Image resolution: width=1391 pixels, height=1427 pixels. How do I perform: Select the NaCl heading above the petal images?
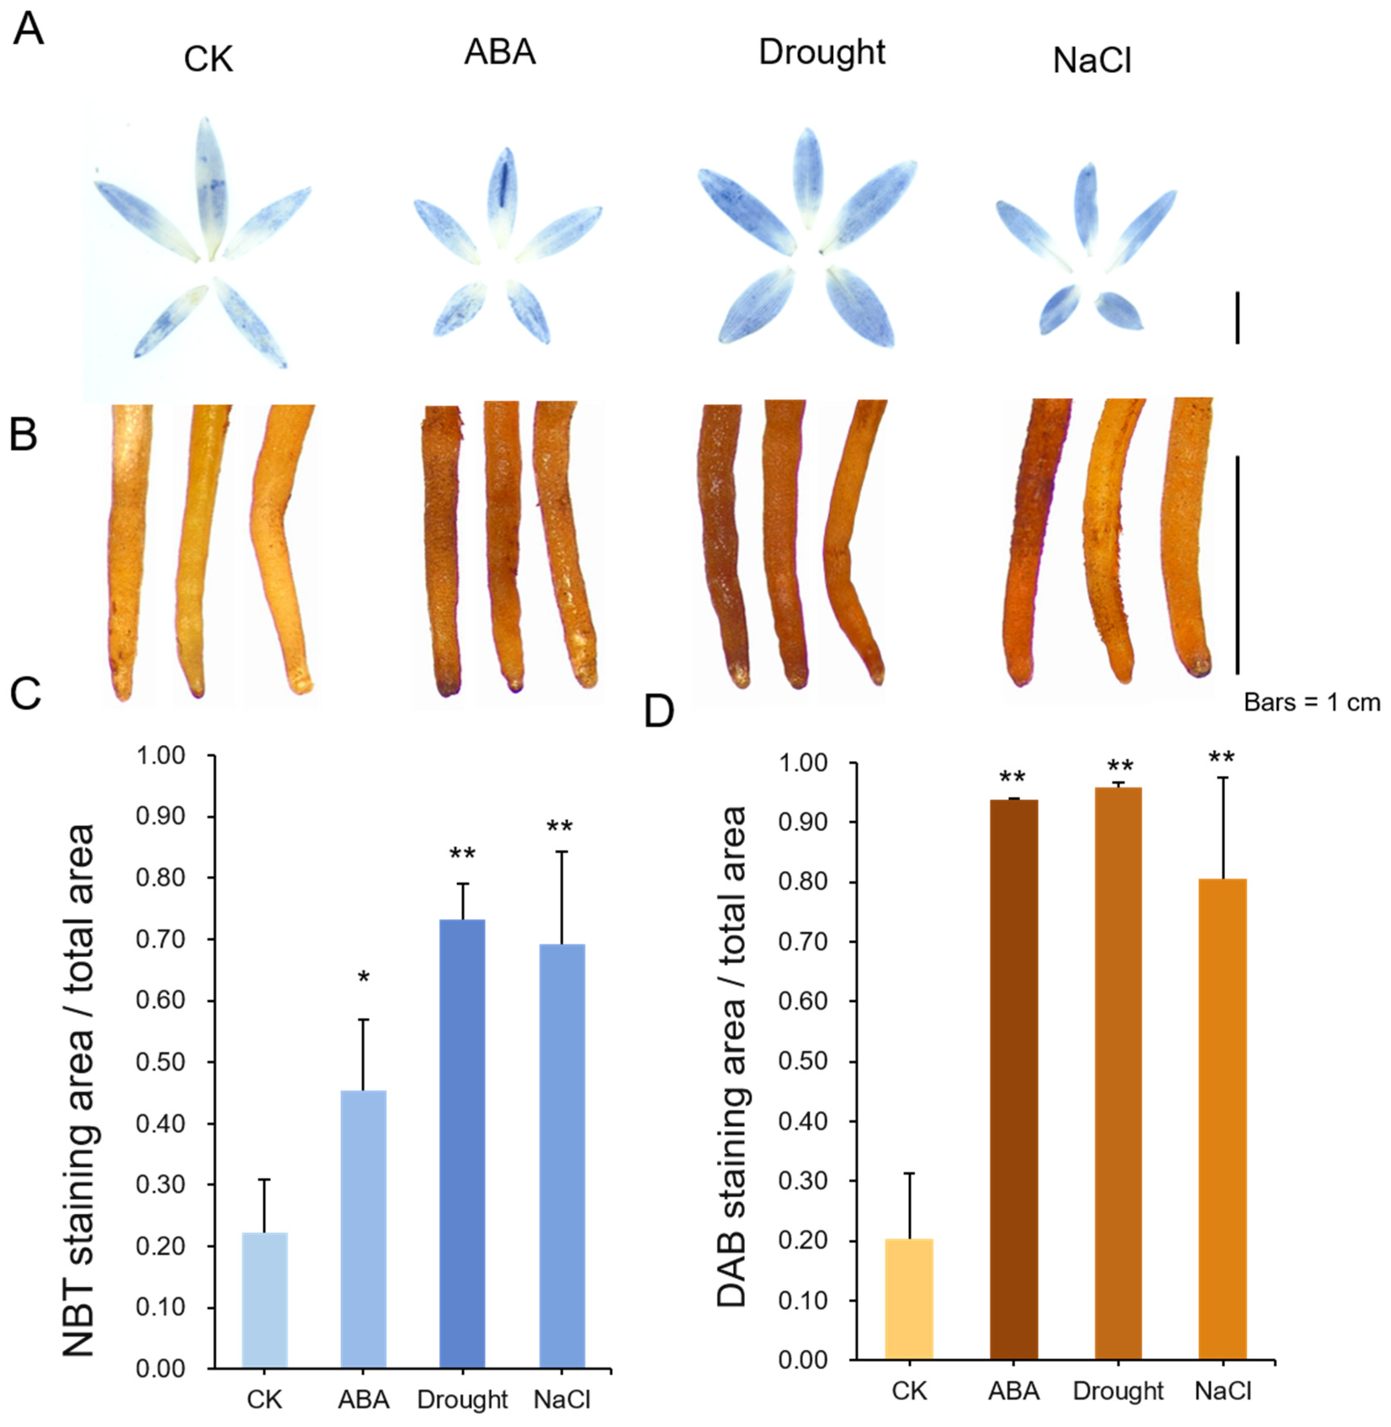[1092, 61]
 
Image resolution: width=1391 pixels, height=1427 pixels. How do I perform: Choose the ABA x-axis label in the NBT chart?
[363, 1399]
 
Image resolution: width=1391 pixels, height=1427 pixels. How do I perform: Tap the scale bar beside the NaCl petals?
[1237, 317]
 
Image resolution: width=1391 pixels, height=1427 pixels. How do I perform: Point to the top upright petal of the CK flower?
[208, 183]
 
